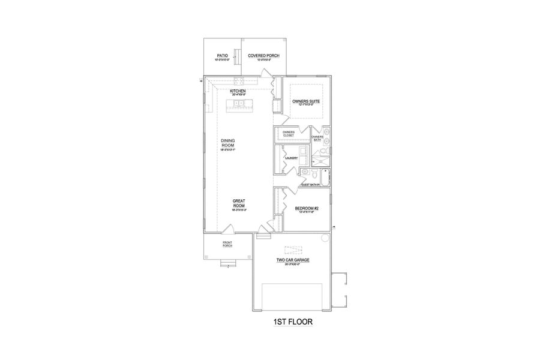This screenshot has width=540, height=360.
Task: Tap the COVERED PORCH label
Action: click(264, 56)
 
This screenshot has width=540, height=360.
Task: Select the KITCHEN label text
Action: click(238, 91)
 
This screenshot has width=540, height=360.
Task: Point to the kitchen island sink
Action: click(238, 104)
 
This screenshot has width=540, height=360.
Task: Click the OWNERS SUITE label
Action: click(306, 101)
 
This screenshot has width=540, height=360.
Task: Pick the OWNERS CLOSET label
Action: click(289, 134)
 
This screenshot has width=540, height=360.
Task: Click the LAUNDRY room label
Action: click(292, 158)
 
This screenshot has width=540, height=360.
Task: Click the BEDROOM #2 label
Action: click(306, 208)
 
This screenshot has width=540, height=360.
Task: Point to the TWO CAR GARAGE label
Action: click(292, 260)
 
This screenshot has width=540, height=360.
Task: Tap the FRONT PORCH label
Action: click(227, 244)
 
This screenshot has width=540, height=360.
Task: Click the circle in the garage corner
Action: click(326, 238)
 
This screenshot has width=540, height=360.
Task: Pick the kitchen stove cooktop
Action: click(238, 80)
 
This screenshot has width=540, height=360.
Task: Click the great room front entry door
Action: click(228, 229)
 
